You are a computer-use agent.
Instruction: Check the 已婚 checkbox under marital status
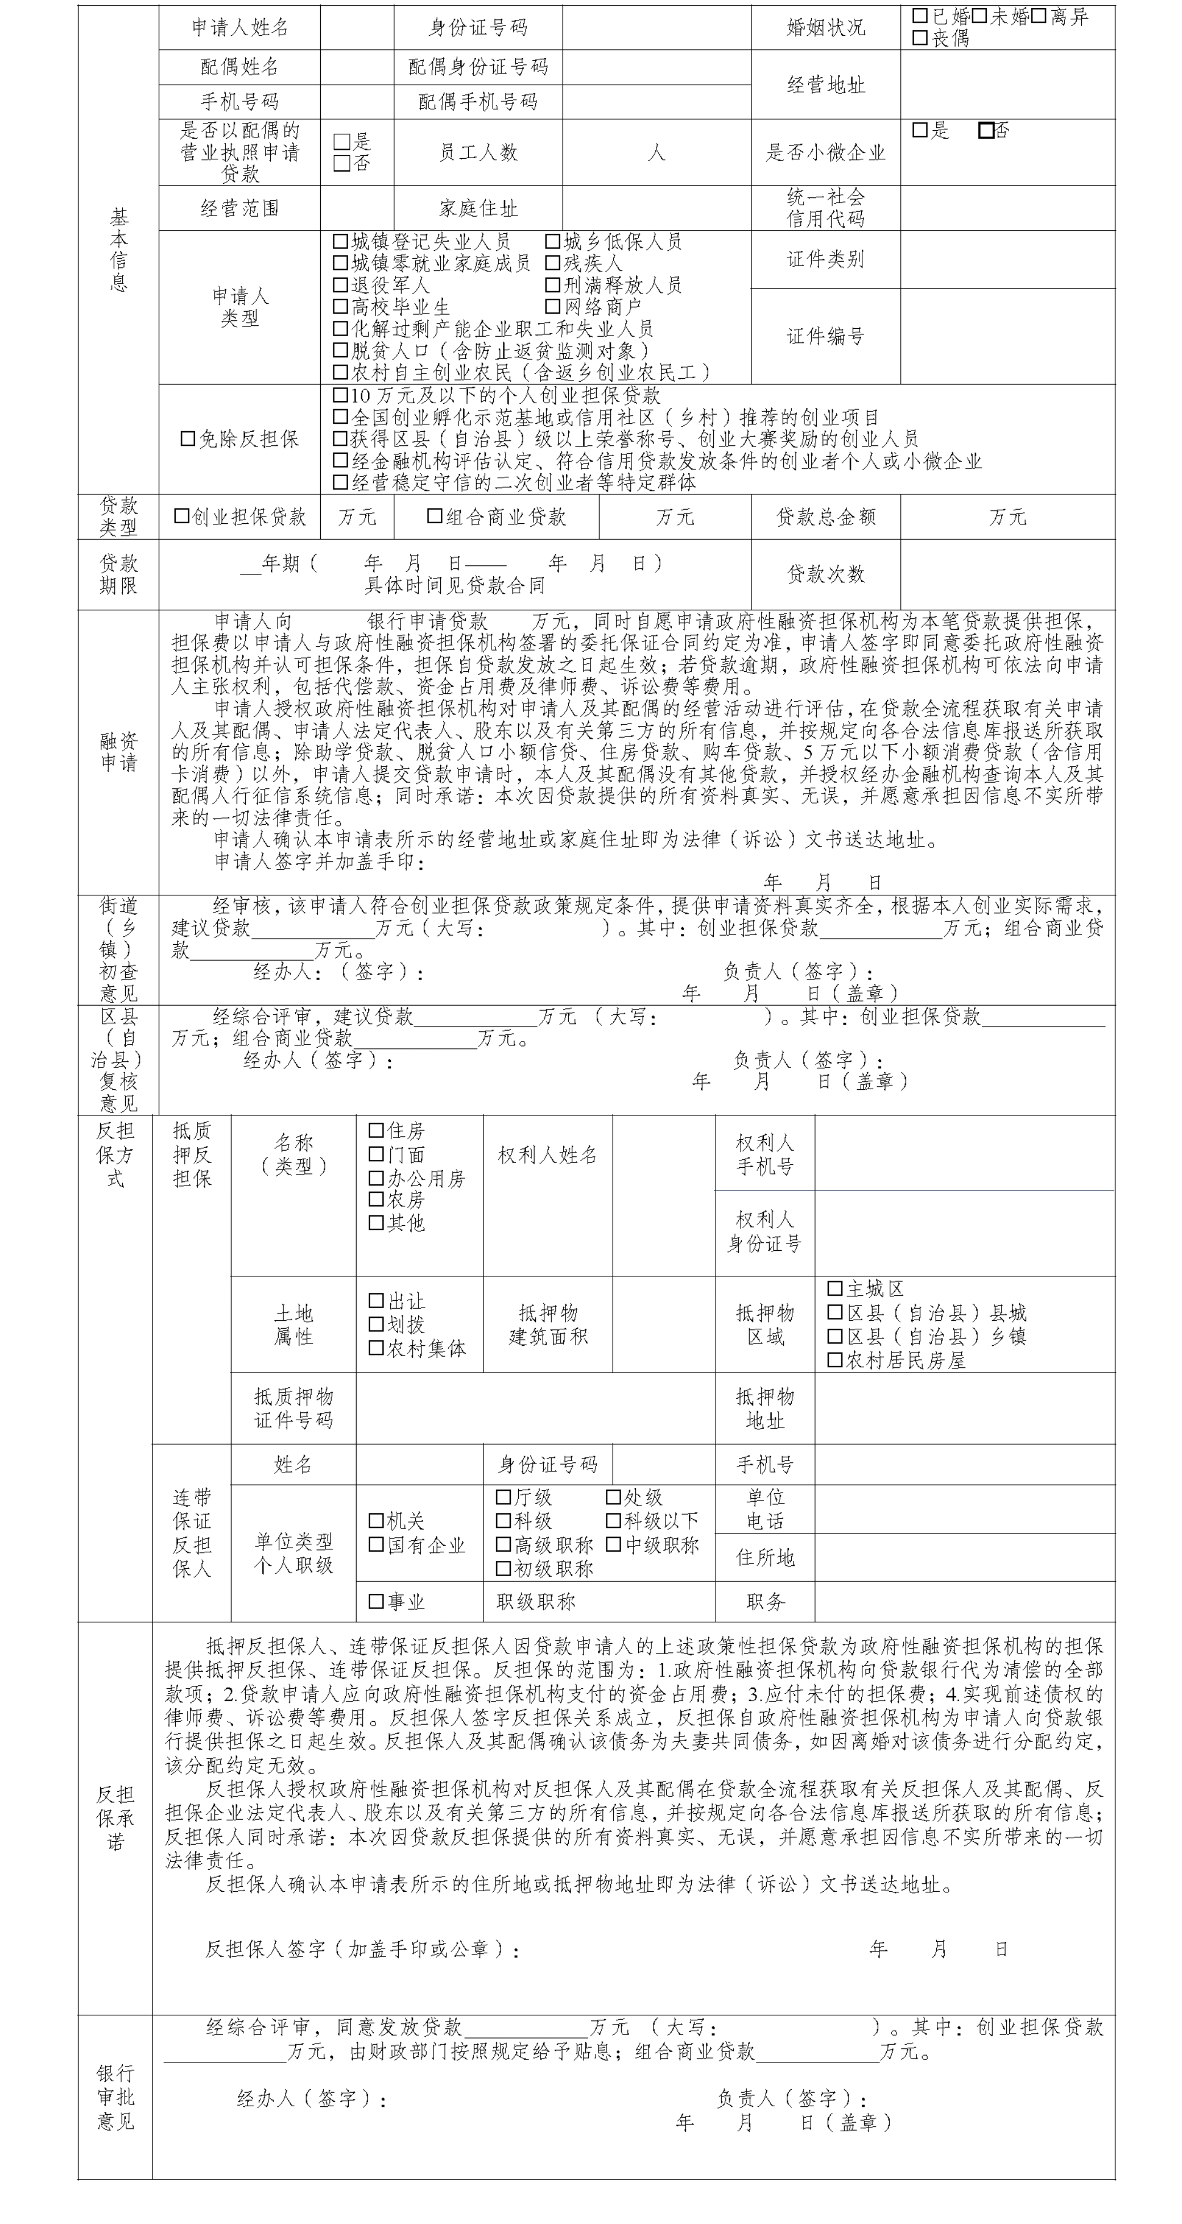tap(920, 15)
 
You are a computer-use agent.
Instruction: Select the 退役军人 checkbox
tap(341, 285)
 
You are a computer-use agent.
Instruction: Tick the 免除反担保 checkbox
tap(187, 439)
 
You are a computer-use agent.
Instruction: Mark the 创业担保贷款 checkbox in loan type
tap(181, 516)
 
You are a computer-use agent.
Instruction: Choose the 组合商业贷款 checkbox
tap(435, 516)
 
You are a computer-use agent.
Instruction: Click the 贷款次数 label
tap(825, 574)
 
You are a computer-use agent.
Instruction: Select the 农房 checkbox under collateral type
tap(377, 1199)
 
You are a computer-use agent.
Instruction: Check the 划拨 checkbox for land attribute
tap(377, 1324)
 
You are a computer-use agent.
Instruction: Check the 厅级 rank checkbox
tap(503, 1497)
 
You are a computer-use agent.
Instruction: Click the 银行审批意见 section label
tap(115, 2097)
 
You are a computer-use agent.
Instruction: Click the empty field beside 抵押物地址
tap(964, 1409)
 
